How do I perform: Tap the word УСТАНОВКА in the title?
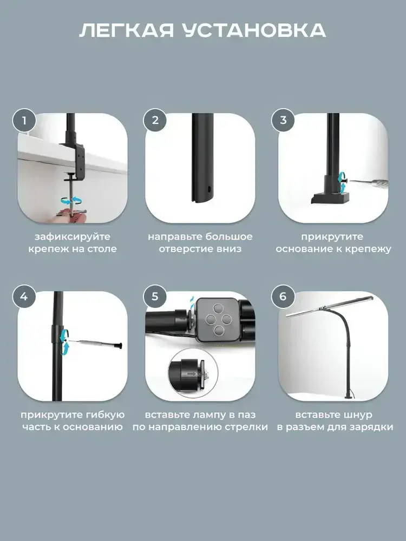[x=254, y=31]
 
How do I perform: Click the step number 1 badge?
[x=24, y=121]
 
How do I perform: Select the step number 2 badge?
[x=155, y=120]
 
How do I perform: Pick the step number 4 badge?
[x=24, y=296]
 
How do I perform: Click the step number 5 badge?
[x=155, y=296]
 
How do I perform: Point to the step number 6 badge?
[x=283, y=296]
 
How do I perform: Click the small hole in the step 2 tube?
[x=209, y=189]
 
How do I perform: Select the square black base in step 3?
[x=330, y=197]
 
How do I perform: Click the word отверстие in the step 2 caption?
[x=186, y=249]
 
